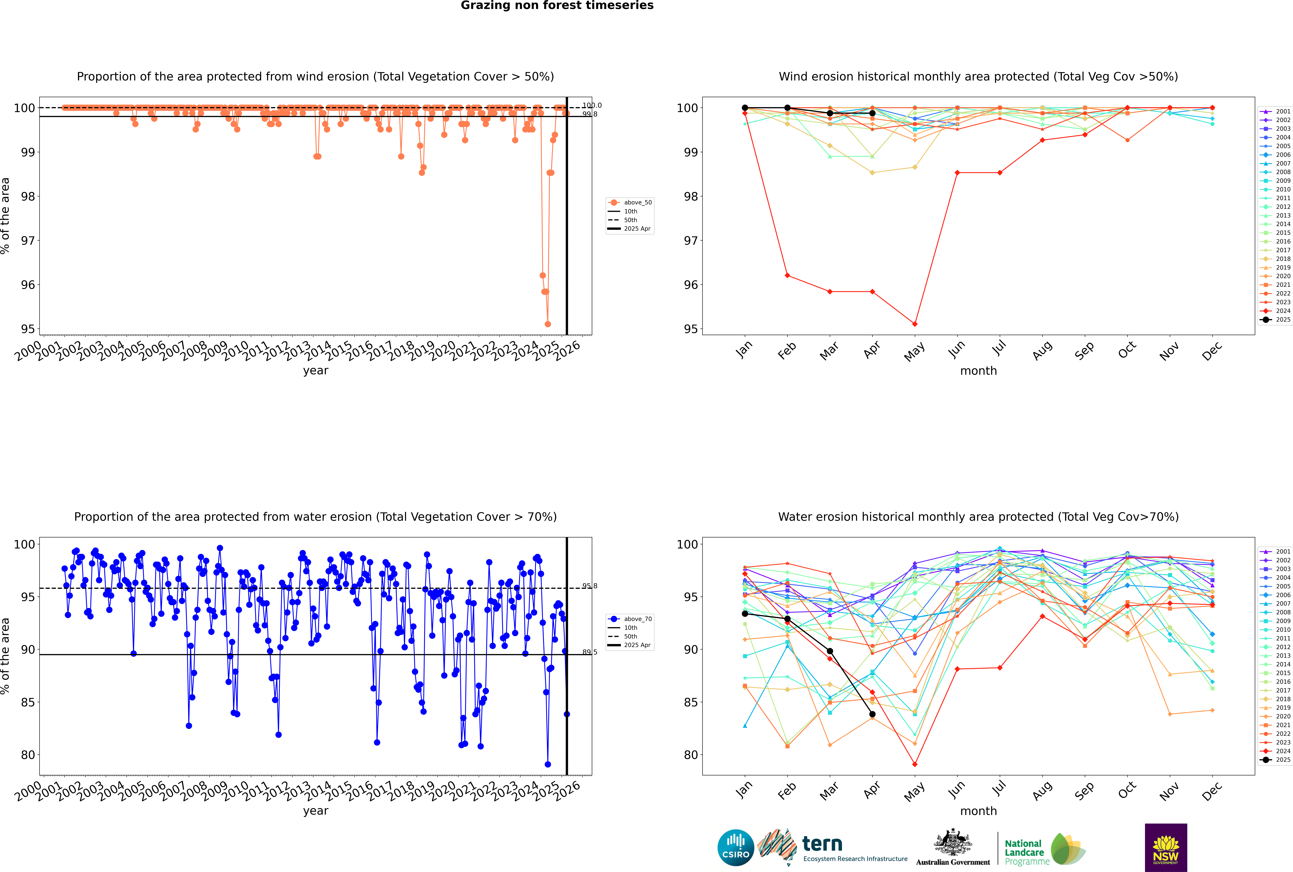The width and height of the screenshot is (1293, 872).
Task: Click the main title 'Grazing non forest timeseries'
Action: (557, 6)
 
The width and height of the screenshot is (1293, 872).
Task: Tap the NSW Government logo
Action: (1166, 848)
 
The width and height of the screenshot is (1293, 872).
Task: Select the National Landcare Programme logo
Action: (1044, 849)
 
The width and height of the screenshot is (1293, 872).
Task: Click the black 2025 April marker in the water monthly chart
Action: (872, 714)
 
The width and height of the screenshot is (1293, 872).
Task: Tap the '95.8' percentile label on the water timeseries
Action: (590, 586)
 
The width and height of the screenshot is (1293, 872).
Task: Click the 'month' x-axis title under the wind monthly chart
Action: (978, 371)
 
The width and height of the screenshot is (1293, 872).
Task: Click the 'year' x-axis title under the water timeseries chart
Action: (316, 811)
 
